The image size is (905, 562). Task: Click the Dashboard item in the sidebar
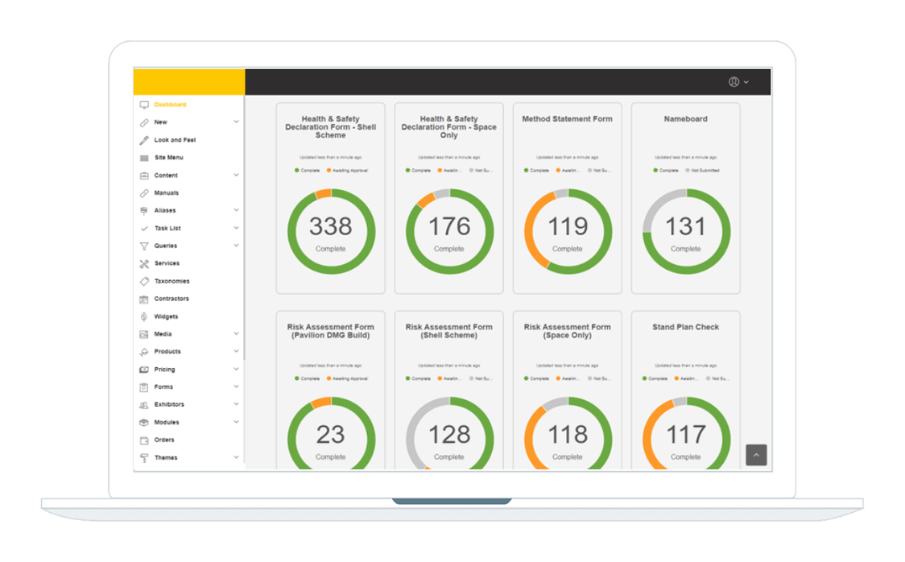pos(170,105)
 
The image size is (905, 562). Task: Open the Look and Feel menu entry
pos(175,140)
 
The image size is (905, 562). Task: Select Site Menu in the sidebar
pos(169,158)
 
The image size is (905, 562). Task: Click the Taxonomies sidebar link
pos(171,281)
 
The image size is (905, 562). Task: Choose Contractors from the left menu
pos(171,299)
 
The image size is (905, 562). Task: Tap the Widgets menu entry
pos(166,316)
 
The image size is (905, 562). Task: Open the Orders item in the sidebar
pos(164,440)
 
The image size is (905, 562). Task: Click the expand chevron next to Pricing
pos(237,369)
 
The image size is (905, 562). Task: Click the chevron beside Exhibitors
pos(237,404)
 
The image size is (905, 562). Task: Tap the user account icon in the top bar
pos(734,82)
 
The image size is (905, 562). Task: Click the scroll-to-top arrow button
pos(756,455)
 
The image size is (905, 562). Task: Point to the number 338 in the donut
pos(330,227)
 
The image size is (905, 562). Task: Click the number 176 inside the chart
pos(448,227)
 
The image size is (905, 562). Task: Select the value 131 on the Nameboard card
pos(685,227)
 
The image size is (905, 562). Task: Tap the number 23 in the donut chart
pos(330,436)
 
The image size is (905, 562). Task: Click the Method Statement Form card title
pos(567,119)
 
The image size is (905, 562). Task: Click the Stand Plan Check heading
pos(685,328)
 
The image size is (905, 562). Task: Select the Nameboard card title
pos(685,119)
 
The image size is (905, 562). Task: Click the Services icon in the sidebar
pos(144,263)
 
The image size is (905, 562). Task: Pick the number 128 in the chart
pos(448,436)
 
